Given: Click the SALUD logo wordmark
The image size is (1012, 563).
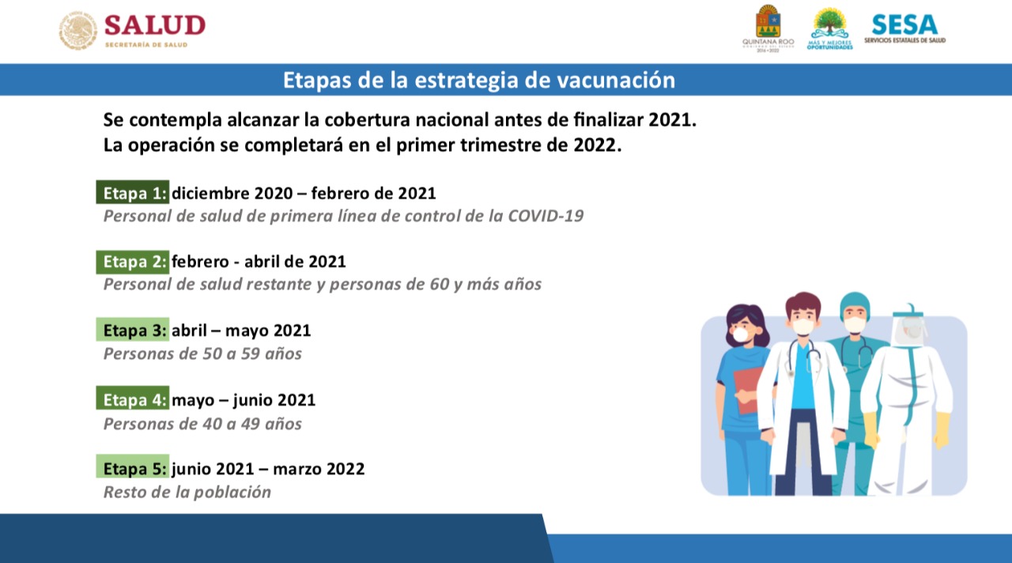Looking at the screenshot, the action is click(155, 25).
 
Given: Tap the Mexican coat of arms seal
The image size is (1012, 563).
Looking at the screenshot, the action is click(78, 30).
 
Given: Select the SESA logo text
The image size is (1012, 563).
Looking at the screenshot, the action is click(905, 25).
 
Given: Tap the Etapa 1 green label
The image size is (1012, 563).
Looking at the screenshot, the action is click(132, 192).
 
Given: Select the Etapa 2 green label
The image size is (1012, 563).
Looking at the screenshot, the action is click(132, 262).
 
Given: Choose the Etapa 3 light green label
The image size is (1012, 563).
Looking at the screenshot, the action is click(132, 330).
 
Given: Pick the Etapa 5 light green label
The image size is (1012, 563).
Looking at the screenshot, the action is click(132, 467).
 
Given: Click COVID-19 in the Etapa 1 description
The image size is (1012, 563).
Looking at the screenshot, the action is click(546, 216).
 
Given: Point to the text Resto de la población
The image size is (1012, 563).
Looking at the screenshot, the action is click(187, 492).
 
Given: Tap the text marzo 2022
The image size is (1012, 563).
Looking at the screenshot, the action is click(319, 469).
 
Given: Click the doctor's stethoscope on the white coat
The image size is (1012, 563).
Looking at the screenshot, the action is click(805, 357).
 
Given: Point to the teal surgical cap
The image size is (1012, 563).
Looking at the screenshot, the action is click(855, 303).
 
